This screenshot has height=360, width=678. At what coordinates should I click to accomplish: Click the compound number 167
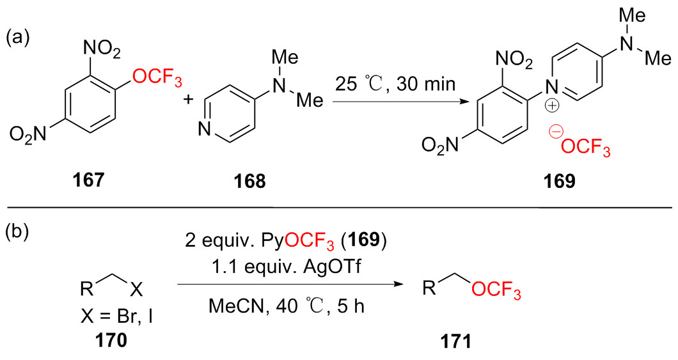[x=89, y=182]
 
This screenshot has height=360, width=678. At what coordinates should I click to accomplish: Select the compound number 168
[x=250, y=182]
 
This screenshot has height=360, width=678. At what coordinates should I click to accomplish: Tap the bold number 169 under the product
[x=555, y=182]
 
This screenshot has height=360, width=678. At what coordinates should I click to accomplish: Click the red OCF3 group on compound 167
[x=157, y=79]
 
